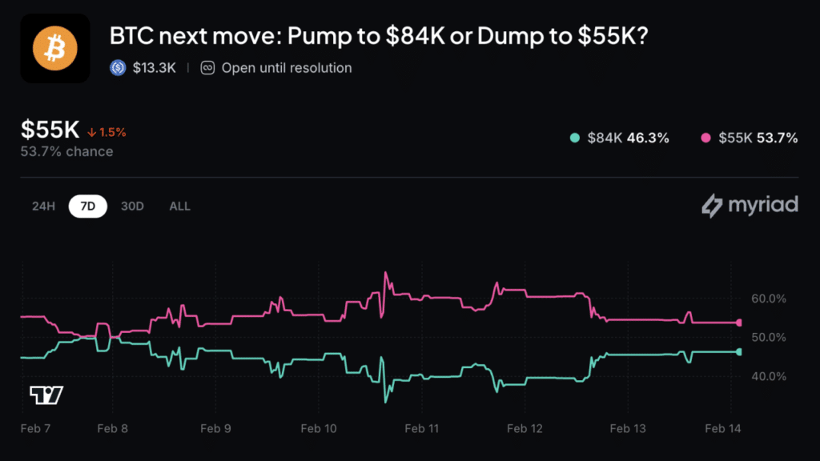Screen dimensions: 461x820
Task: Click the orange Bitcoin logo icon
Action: pyautogui.click(x=54, y=49)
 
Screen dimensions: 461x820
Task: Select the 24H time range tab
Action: pyautogui.click(x=43, y=206)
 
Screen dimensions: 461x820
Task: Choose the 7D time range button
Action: pyautogui.click(x=88, y=206)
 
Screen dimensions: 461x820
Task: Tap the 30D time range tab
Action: pyautogui.click(x=132, y=206)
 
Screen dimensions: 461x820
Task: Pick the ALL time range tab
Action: pyautogui.click(x=180, y=206)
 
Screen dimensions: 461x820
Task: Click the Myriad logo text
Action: pyautogui.click(x=750, y=206)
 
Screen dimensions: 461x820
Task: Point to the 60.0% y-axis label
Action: pyautogui.click(x=770, y=299)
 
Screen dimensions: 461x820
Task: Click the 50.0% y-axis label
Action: pyautogui.click(x=770, y=337)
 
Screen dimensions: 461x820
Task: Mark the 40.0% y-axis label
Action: pyautogui.click(x=770, y=376)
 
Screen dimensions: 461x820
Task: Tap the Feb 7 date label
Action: pyautogui.click(x=36, y=429)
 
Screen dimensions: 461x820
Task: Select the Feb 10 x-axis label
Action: pyautogui.click(x=319, y=429)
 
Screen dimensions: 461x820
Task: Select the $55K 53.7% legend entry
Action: pyautogui.click(x=749, y=138)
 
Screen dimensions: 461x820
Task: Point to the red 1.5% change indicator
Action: pyautogui.click(x=107, y=132)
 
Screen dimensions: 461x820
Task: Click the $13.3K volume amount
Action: pyautogui.click(x=154, y=68)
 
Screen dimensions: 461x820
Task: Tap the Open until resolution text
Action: pyautogui.click(x=286, y=68)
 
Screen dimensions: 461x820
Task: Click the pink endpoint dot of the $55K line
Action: pyautogui.click(x=739, y=323)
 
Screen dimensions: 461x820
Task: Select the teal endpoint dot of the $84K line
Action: pyautogui.click(x=739, y=351)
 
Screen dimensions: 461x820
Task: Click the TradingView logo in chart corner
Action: pyautogui.click(x=46, y=395)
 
